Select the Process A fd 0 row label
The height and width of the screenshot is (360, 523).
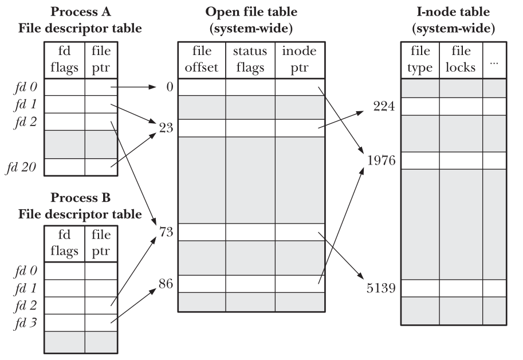pyautogui.click(x=25, y=87)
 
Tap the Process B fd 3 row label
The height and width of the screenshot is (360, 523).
pyautogui.click(x=25, y=322)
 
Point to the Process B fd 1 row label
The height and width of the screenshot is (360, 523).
pyautogui.click(x=25, y=288)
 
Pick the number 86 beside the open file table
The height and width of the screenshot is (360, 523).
pyautogui.click(x=166, y=282)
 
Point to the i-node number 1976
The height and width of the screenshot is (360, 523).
pyautogui.click(x=382, y=160)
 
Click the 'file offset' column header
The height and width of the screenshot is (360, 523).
pyautogui.click(x=202, y=60)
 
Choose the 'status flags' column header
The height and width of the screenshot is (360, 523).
pyautogui.click(x=250, y=60)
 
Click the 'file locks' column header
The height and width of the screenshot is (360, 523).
pyautogui.click(x=461, y=60)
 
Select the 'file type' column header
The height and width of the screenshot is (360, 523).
pyautogui.click(x=420, y=60)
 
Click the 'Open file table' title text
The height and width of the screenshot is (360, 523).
pyautogui.click(x=251, y=11)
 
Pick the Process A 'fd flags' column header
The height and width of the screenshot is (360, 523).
pyautogui.click(x=65, y=60)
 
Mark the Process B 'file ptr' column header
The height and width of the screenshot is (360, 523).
pyautogui.click(x=101, y=243)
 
